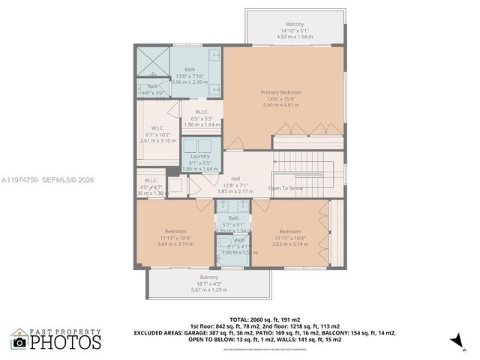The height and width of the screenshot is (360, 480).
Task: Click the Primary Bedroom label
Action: tap(280, 92)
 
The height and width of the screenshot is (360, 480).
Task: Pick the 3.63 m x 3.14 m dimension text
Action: tap(289, 244)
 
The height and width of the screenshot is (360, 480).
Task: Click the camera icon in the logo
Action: tap(19, 342)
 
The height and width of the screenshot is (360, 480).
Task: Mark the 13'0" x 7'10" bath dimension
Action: tap(190, 76)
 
